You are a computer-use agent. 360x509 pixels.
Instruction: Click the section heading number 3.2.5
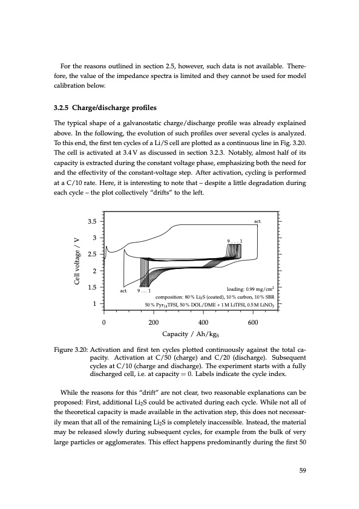point(61,109)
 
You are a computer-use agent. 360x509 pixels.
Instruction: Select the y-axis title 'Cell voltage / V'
point(77,263)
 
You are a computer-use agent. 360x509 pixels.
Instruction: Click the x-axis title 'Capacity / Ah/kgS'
point(190,333)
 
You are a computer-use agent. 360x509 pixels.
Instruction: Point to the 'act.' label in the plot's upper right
point(257,222)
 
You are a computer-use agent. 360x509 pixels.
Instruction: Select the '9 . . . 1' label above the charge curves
point(235,242)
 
